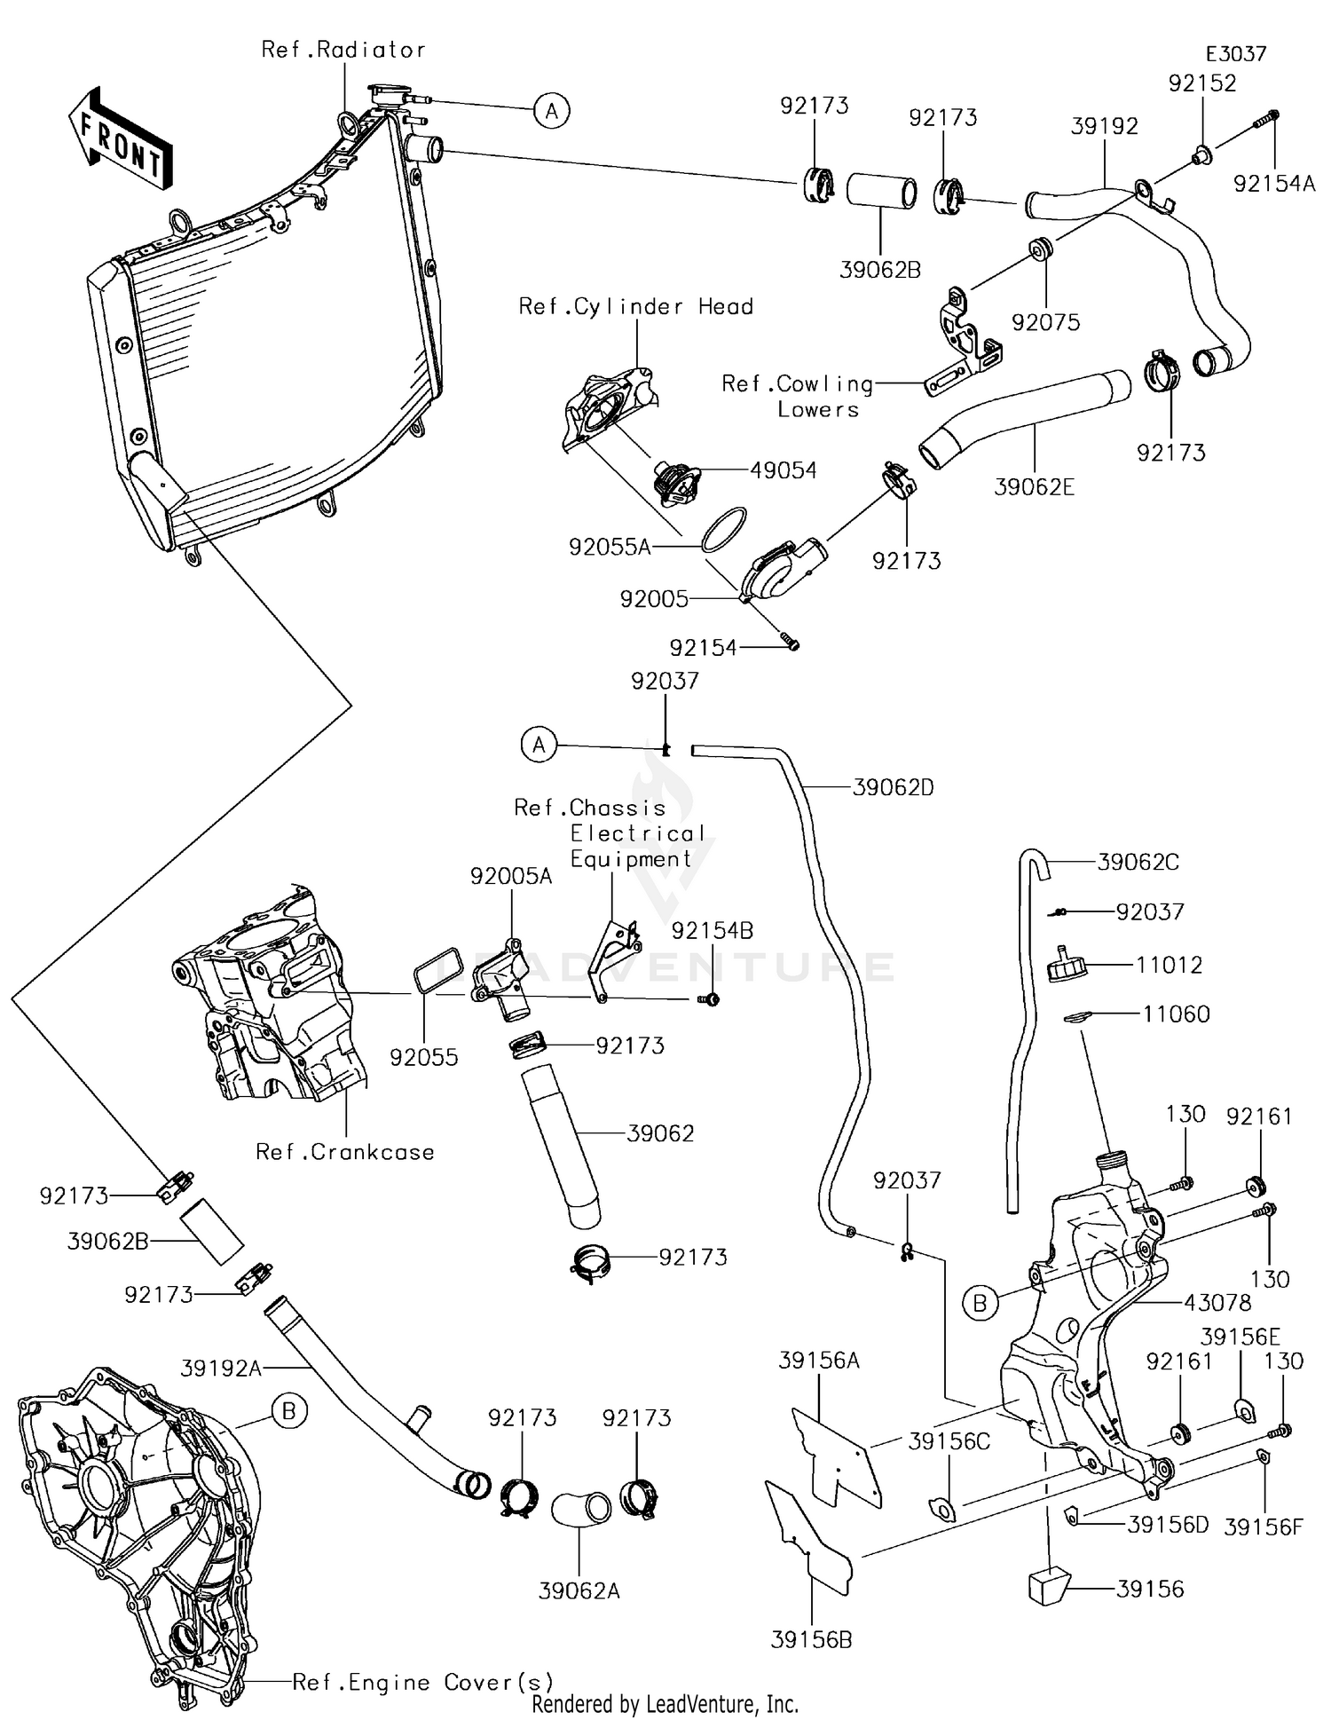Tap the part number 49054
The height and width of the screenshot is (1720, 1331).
783,470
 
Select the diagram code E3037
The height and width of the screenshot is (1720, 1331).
1235,54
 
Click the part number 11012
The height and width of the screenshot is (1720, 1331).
1169,965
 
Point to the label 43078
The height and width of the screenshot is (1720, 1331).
1217,1303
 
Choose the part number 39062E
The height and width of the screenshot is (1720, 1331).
1034,487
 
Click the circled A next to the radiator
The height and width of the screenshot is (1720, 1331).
552,111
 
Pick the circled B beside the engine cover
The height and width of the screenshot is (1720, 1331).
289,1411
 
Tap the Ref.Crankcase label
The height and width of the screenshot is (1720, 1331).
345,1152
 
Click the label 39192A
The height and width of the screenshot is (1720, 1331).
221,1369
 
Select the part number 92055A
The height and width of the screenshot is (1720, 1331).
610,548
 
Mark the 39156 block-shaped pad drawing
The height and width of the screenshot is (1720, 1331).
1049,1588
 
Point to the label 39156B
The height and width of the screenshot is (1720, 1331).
811,1640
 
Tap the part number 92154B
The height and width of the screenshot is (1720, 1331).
713,930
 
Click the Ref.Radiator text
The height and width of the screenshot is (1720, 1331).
343,50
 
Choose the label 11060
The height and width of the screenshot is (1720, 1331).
1176,1014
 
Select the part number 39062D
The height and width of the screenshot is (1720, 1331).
893,787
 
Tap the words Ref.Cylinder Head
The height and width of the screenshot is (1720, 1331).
636,307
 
